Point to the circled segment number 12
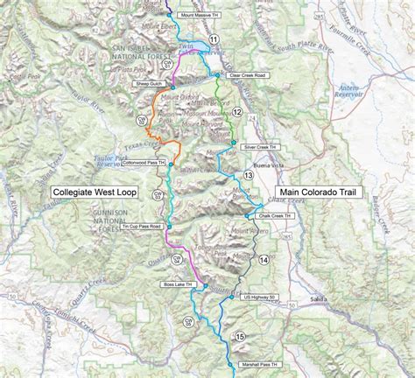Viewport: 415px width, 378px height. pos(236,110)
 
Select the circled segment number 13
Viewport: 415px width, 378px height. pos(249,176)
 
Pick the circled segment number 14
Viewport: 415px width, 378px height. pos(264,260)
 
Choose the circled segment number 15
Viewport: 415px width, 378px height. pos(240,335)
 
